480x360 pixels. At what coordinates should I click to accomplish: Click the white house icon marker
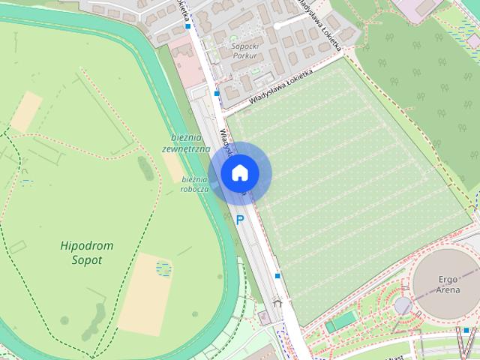[x=239, y=173]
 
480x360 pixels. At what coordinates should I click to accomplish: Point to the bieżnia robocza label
[x=193, y=184]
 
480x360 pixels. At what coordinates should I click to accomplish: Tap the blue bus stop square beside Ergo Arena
[x=466, y=329]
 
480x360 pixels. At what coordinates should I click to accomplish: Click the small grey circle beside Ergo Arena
[x=403, y=306]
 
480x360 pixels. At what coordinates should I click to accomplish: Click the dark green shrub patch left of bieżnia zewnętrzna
[x=145, y=168]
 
